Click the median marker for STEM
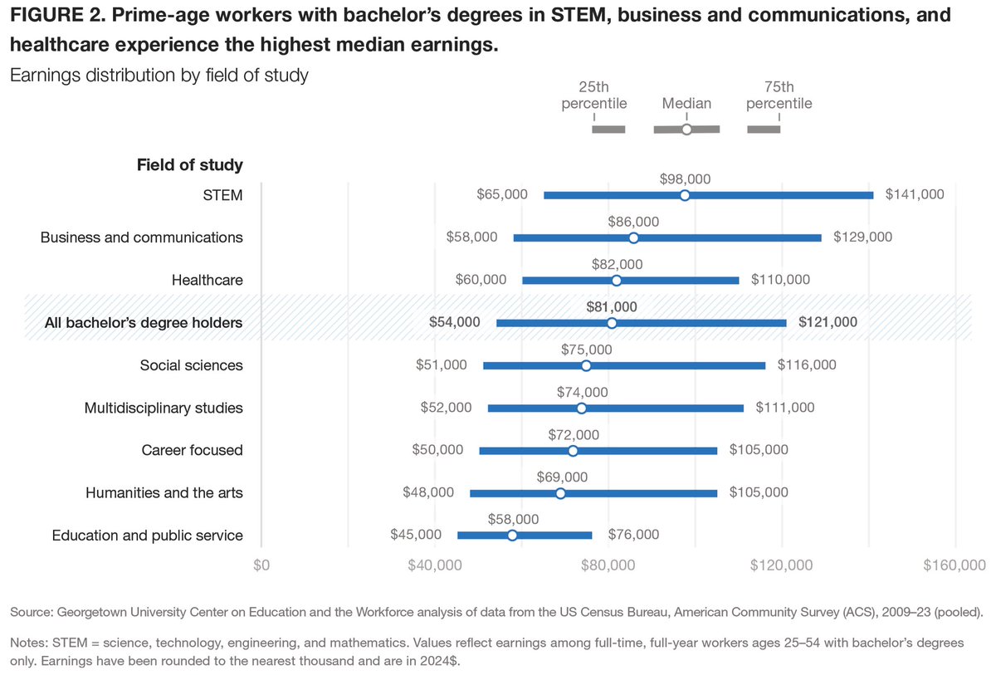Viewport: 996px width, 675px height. coord(685,195)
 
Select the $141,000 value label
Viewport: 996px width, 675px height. coord(915,194)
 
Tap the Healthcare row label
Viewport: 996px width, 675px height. coord(207,280)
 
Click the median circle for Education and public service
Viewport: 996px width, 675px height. coord(512,535)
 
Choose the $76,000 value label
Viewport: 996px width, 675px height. coord(633,535)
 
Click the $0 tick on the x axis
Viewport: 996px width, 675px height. coord(261,565)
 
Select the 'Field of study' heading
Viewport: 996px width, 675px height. coord(189,164)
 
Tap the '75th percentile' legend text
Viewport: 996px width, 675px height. coord(779,95)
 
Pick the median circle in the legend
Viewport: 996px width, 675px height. coord(686,130)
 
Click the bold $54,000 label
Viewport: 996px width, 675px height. coord(455,322)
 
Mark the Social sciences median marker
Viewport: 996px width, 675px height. coord(586,365)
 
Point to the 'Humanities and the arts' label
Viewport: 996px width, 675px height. coord(164,492)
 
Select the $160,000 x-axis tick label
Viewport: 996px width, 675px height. coord(955,565)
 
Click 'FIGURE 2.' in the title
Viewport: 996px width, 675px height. coord(56,16)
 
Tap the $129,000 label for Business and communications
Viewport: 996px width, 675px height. coord(863,237)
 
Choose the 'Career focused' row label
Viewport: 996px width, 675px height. coord(192,450)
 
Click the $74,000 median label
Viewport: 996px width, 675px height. coord(581,392)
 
